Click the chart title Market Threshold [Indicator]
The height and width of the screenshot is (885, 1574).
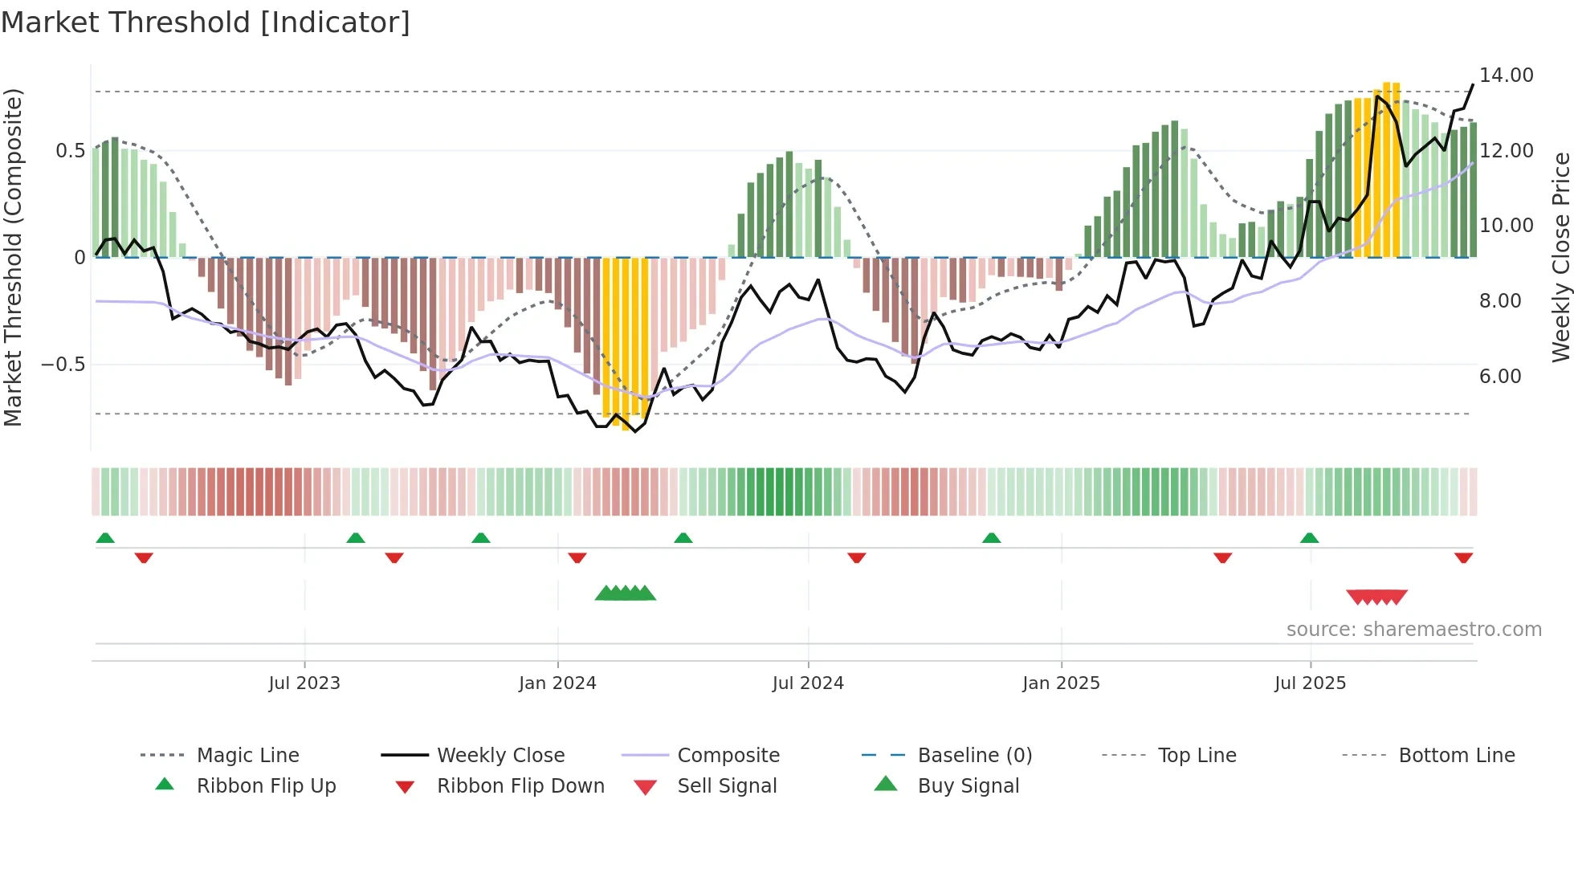click(x=206, y=22)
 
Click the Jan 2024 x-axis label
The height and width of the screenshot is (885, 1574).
click(x=557, y=683)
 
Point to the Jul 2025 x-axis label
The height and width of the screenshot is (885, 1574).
click(x=1310, y=683)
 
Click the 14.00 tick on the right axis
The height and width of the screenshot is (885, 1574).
click(x=1506, y=75)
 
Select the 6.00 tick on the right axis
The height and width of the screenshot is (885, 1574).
click(x=1500, y=376)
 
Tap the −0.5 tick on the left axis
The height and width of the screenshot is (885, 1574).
click(x=63, y=365)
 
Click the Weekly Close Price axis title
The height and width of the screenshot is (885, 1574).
click(x=1560, y=257)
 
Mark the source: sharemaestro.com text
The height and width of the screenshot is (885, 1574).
click(x=1413, y=629)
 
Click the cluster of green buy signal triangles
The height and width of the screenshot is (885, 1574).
click(x=625, y=593)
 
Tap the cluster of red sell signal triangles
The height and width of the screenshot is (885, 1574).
click(x=1376, y=597)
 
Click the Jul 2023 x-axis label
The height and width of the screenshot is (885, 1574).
click(x=304, y=683)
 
